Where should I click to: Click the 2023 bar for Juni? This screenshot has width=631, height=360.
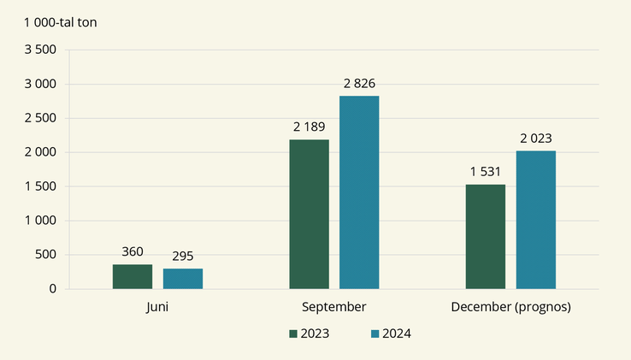point(133,277)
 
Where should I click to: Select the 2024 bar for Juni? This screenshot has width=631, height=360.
point(183,279)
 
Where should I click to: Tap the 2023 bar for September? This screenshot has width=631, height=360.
point(309,215)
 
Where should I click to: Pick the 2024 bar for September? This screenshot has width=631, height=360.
point(359,192)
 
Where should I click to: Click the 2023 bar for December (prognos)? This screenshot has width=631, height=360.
point(486,237)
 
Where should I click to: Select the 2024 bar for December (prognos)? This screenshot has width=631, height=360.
point(536,220)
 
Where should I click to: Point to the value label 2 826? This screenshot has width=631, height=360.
point(359,84)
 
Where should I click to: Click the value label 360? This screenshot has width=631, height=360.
point(133,252)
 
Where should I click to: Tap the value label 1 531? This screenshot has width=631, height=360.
point(486,172)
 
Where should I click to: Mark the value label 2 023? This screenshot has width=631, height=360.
point(536,139)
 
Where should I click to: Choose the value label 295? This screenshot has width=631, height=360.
point(183,257)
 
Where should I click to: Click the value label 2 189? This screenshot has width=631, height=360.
point(309,127)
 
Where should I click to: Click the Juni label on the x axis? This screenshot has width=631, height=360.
point(157,306)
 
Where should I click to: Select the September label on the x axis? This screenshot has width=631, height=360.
point(334,306)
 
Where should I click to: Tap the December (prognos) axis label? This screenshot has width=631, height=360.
point(510,306)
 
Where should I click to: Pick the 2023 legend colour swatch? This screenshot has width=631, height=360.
point(293,333)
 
